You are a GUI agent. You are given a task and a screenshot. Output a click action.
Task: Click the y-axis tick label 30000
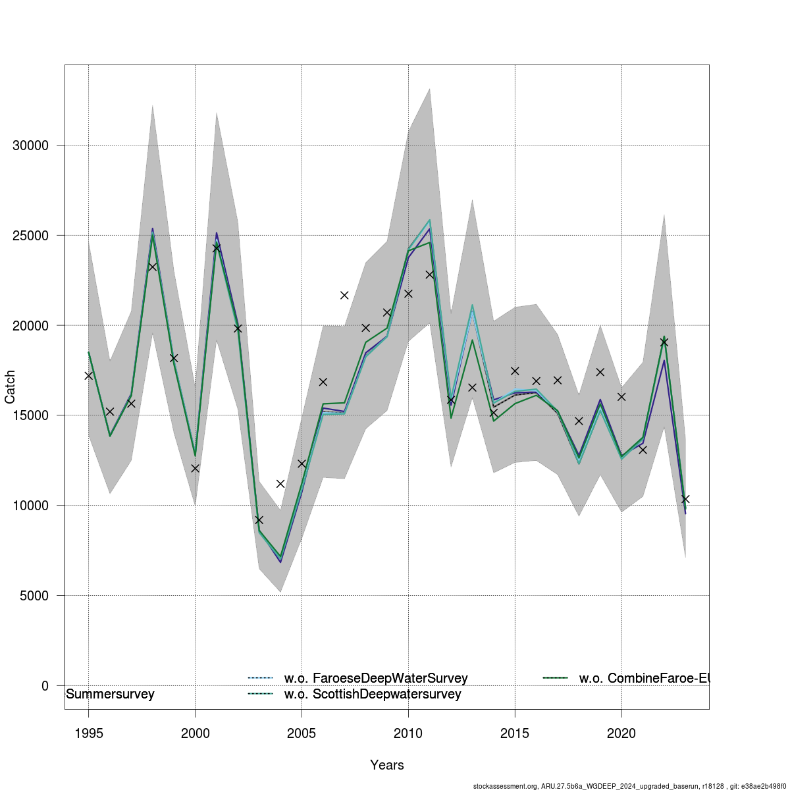coord(30,145)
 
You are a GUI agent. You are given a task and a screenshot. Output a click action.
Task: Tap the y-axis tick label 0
coord(45,686)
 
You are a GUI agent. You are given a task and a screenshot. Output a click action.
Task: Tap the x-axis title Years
coord(387,765)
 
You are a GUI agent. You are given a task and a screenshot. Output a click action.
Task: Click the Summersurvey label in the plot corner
coord(110,695)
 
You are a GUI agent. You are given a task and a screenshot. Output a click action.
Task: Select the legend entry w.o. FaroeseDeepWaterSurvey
coord(375,678)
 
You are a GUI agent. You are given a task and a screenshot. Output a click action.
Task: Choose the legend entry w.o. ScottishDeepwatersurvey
coord(372,694)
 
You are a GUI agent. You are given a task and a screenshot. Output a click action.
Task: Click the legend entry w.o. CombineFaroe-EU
coord(643,678)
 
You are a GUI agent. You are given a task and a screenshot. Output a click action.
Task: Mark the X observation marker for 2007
coord(344,295)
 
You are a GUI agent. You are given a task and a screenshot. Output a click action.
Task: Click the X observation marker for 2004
coord(280,484)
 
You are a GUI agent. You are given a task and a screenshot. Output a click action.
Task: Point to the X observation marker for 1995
coord(89,375)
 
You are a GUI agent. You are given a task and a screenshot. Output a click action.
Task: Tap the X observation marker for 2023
coord(685,499)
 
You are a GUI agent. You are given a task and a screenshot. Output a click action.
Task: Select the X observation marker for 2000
coord(195,468)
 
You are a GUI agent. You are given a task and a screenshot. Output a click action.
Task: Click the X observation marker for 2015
coord(515,371)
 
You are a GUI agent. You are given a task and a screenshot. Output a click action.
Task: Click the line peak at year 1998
coord(152,230)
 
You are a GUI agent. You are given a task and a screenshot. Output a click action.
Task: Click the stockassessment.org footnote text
coord(630,786)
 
